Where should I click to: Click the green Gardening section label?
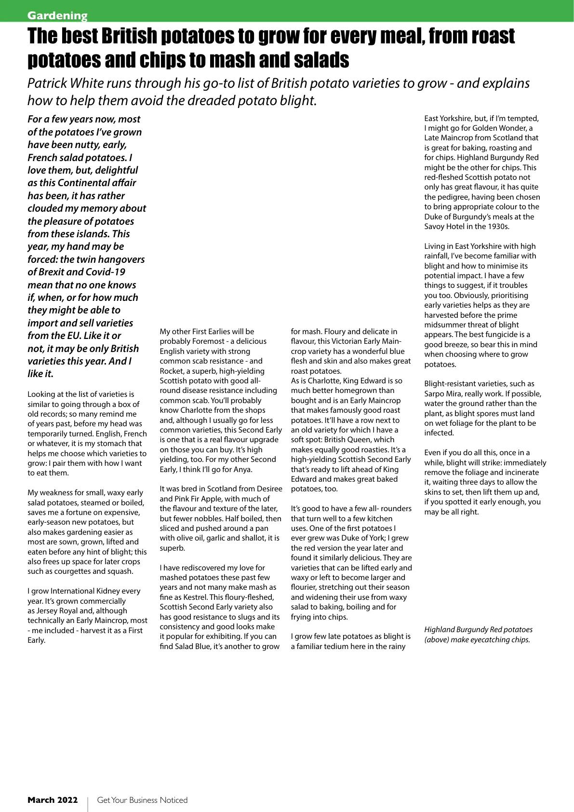pos(57,15)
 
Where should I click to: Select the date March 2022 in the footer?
pos(53,800)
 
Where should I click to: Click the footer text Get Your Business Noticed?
pos(142,800)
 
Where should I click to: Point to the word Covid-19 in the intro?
pos(106,272)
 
